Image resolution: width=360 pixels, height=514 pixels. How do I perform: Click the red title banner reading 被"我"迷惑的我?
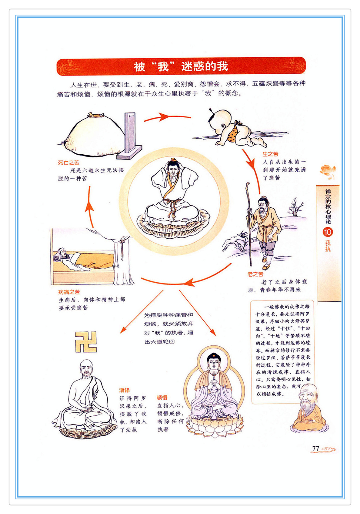(181, 66)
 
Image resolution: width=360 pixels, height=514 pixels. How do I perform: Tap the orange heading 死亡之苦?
(68, 163)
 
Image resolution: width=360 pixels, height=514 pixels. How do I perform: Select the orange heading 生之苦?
(270, 154)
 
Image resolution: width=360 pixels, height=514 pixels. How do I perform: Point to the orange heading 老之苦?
(255, 274)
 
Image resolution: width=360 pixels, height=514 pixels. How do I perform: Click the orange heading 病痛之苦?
(69, 292)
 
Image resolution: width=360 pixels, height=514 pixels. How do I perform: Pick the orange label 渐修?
(125, 390)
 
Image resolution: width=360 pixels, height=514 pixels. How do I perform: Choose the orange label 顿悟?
(162, 398)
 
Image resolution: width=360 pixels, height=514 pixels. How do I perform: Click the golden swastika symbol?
(86, 342)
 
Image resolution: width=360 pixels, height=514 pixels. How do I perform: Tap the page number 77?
(315, 448)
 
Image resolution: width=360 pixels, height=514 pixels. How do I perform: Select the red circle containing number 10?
(328, 232)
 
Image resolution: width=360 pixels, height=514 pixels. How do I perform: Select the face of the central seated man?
(173, 170)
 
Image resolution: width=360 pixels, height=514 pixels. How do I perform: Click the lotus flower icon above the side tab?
(328, 171)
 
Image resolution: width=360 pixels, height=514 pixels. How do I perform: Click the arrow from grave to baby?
(168, 117)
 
